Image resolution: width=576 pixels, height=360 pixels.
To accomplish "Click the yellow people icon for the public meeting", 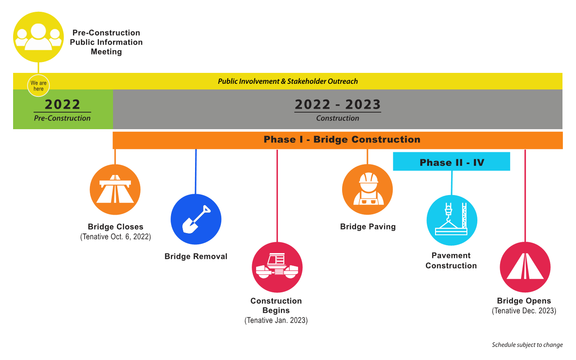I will tap(38, 37).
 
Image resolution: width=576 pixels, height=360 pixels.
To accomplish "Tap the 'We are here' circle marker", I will tap(38, 86).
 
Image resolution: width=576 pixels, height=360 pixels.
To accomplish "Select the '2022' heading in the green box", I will tap(62, 105).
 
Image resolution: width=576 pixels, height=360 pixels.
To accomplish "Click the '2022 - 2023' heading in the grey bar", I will tap(337, 105).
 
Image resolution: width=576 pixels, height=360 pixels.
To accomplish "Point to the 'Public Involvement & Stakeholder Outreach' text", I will tap(288, 81).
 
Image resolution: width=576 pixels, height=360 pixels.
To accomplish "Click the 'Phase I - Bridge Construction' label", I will tap(342, 140).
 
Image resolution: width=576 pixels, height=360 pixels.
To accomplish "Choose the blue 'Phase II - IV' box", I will tap(452, 162).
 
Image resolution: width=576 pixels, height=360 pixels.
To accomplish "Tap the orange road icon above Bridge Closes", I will tap(115, 190).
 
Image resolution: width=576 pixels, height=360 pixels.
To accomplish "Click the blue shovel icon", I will tap(196, 219).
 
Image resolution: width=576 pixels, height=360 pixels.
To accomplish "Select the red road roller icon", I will tap(277, 267).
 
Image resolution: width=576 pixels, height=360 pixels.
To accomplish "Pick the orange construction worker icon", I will tap(367, 190).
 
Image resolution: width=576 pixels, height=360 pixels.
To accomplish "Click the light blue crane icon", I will tap(452, 220).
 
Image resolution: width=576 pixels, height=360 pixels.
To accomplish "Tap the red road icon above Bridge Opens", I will tap(525, 267).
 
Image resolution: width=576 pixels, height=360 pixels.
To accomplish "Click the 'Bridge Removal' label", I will tap(196, 257).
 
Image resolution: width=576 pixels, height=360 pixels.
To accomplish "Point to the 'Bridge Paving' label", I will tap(368, 227).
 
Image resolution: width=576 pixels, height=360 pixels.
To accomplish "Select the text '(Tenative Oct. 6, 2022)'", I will tap(116, 237).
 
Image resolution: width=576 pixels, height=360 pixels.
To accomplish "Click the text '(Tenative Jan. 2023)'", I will tap(276, 320).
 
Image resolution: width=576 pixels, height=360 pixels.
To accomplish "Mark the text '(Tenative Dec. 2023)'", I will tap(524, 311).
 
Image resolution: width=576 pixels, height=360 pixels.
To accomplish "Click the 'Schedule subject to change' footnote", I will tap(527, 345).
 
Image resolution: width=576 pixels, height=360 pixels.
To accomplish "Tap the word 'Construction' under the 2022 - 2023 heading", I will tap(337, 118).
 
